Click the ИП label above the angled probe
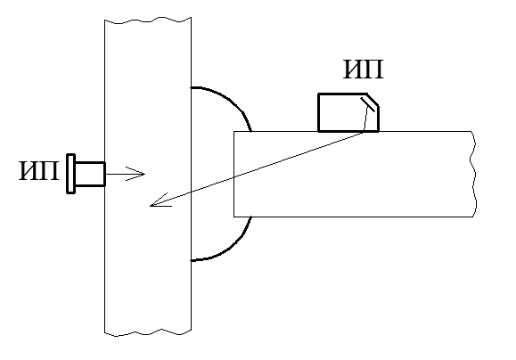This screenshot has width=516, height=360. [364, 70]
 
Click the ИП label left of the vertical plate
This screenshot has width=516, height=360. [39, 171]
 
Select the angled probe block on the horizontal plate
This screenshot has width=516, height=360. [348, 112]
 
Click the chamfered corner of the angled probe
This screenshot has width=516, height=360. [373, 100]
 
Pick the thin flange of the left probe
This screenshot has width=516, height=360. [70, 174]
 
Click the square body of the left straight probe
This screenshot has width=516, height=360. [90, 174]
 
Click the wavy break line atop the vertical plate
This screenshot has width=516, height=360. [148, 21]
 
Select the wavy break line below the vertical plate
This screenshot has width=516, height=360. [148, 332]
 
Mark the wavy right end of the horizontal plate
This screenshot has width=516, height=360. [473, 174]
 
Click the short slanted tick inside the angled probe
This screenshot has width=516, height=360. [367, 104]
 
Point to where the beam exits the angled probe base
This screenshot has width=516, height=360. [364, 131]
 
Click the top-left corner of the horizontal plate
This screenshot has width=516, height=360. [234, 131]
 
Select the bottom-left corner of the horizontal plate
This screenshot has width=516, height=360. [234, 217]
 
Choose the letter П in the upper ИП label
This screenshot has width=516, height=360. [373, 70]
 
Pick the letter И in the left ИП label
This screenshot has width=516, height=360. [29, 171]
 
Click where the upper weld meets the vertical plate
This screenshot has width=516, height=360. [192, 87]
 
